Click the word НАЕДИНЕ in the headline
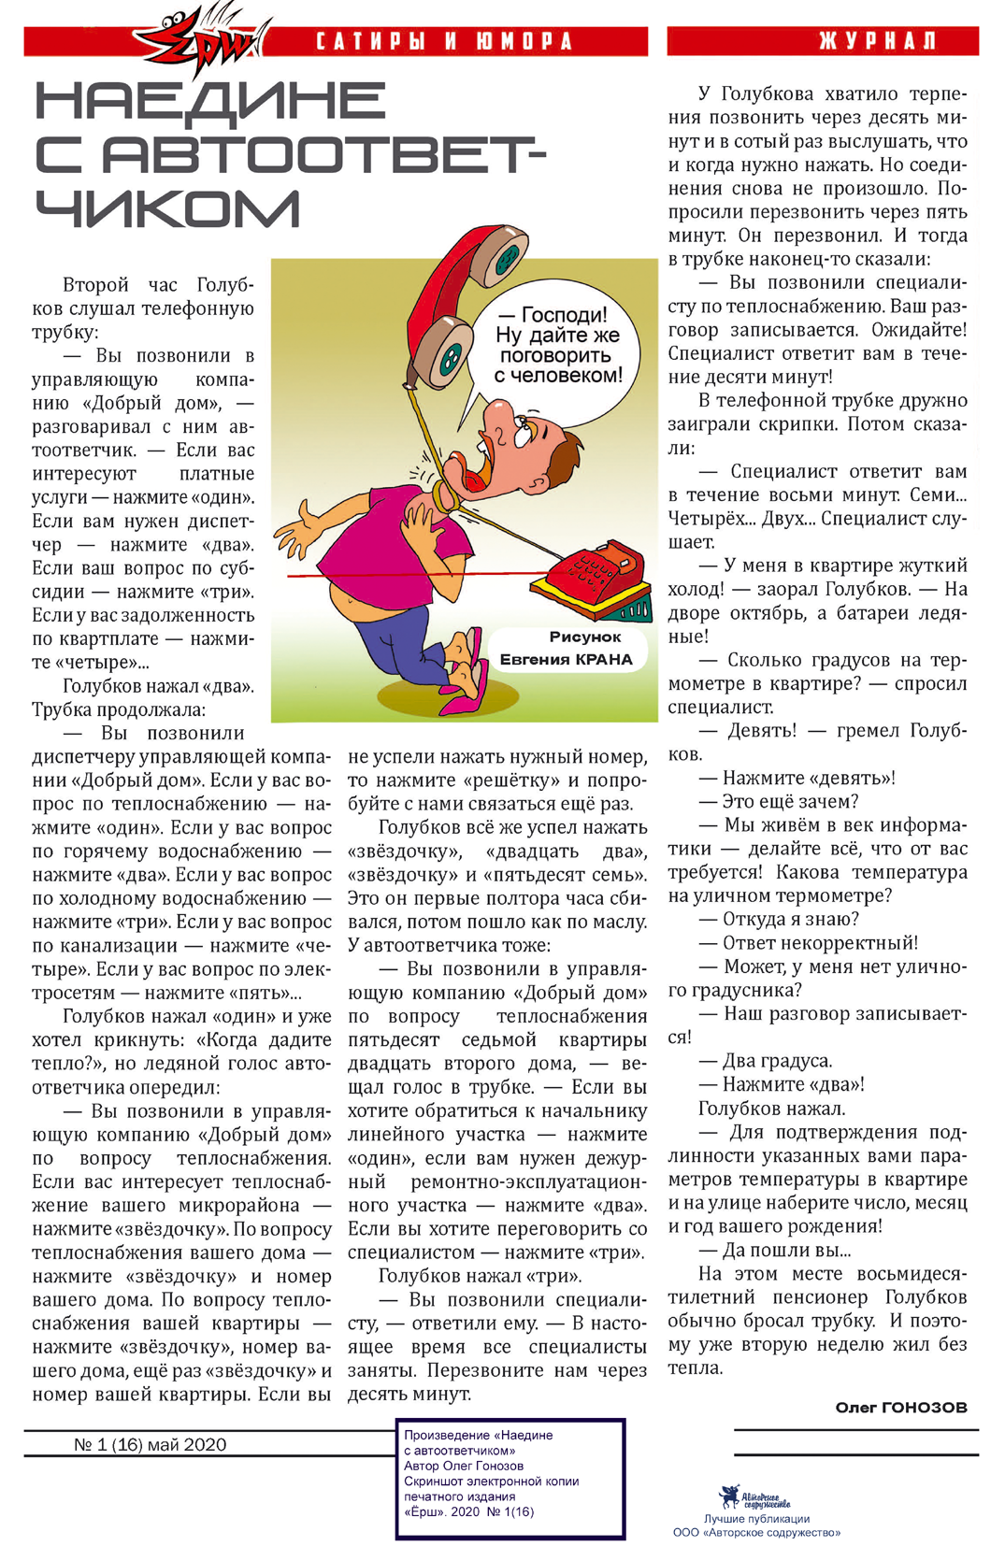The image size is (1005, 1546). pyautogui.click(x=210, y=101)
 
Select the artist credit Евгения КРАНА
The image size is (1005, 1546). pyautogui.click(x=567, y=659)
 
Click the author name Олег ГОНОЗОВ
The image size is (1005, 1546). pyautogui.click(x=900, y=1407)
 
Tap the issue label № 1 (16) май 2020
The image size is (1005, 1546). pyautogui.click(x=150, y=1444)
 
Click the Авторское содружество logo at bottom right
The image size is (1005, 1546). pyautogui.click(x=755, y=1497)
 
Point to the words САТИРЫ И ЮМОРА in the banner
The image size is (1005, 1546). pyautogui.click(x=444, y=42)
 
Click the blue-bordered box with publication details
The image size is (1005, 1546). pyautogui.click(x=510, y=1478)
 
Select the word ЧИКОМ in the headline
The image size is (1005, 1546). pyautogui.click(x=168, y=208)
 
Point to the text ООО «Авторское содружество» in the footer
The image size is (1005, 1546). pyautogui.click(x=756, y=1532)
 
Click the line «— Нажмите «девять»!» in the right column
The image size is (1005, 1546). pyautogui.click(x=797, y=778)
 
